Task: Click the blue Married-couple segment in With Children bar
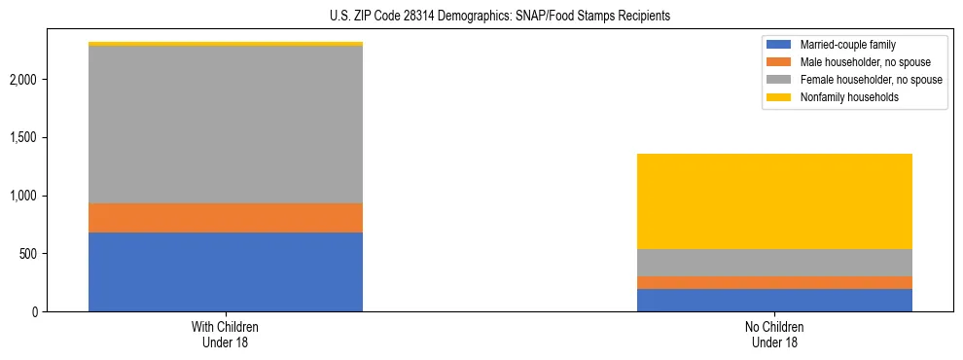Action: coord(226,271)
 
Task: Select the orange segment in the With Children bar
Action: coord(226,217)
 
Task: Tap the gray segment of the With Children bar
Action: coord(226,125)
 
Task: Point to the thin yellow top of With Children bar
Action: coord(226,44)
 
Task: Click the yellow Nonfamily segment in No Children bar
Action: coord(774,201)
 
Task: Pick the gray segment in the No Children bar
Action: coord(774,263)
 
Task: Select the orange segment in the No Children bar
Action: coord(774,282)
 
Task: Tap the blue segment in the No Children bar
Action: coord(774,300)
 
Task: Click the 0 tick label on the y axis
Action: coord(36,312)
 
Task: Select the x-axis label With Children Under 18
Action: coord(226,335)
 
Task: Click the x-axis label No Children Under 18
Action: coord(774,335)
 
